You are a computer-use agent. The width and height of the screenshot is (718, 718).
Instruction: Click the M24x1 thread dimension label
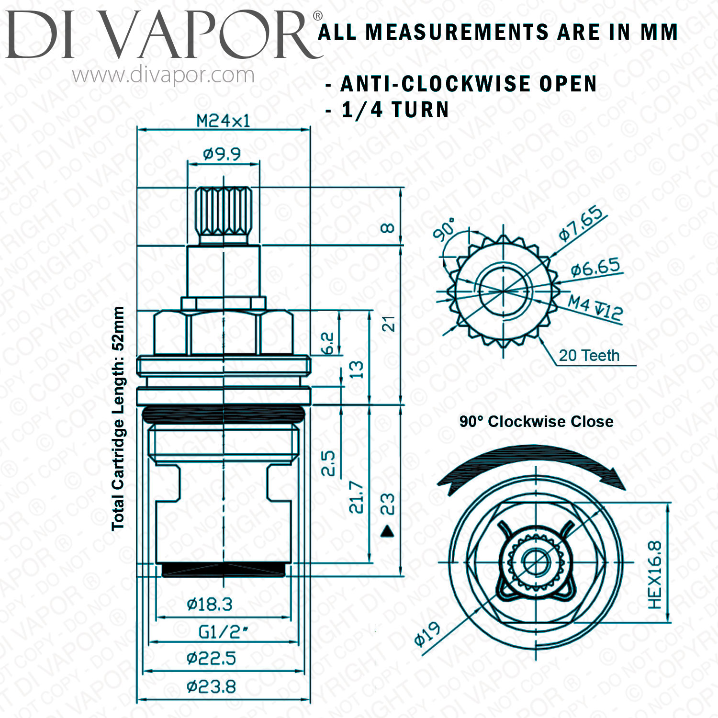(224, 121)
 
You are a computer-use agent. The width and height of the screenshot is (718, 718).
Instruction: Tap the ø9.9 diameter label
(222, 154)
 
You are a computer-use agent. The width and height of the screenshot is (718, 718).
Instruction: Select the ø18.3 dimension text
(210, 605)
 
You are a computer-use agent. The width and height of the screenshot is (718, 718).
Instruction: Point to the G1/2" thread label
(223, 632)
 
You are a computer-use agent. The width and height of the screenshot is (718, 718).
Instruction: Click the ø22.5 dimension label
(211, 659)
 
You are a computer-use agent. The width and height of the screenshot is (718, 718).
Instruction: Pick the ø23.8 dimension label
(211, 687)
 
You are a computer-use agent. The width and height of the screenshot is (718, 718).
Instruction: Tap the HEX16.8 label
(655, 574)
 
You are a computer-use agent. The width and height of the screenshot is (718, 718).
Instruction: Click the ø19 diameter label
(427, 634)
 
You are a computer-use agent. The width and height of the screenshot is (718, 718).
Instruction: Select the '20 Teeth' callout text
(589, 356)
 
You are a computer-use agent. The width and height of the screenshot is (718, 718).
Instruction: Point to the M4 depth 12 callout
(595, 307)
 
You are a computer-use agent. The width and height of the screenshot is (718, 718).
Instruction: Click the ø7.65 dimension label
(581, 223)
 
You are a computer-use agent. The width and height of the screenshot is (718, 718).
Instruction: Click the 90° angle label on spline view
(444, 230)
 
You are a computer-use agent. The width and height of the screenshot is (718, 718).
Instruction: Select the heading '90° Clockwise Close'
(537, 422)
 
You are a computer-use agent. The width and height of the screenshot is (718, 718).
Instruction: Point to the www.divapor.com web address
(163, 75)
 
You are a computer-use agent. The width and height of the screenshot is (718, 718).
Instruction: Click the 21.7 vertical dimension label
(357, 498)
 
